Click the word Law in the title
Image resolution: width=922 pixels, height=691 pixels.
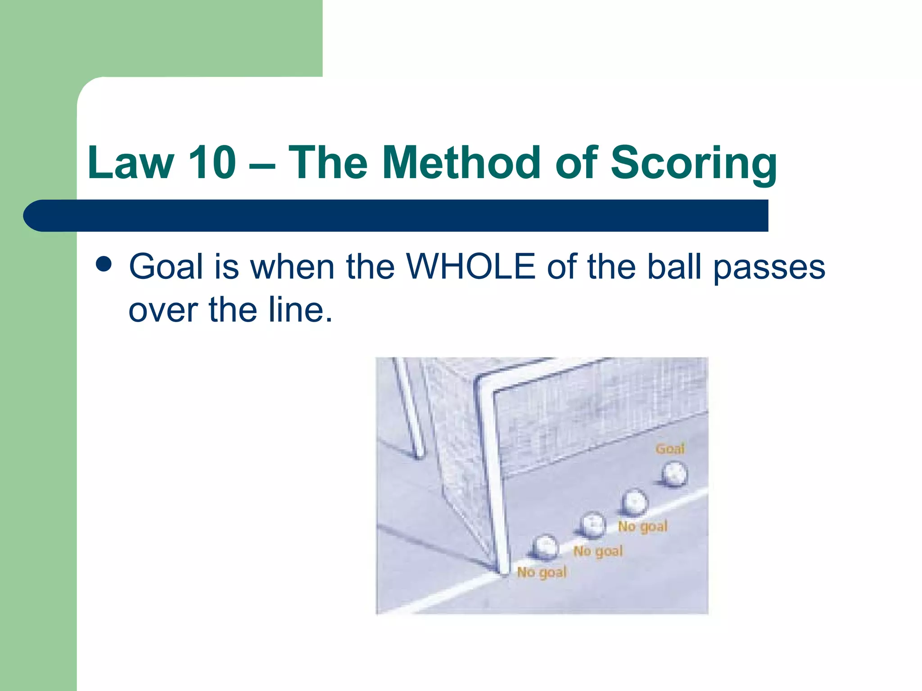coord(131,163)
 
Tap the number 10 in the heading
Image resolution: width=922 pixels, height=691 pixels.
coord(212,163)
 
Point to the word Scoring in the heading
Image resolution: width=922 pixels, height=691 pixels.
coord(693,163)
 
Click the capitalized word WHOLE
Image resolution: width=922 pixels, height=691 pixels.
coord(470,267)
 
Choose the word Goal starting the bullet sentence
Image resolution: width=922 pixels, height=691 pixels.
coord(166,267)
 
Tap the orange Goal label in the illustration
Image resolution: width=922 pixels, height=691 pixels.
coord(670,449)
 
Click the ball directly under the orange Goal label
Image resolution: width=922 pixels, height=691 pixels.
coord(674,474)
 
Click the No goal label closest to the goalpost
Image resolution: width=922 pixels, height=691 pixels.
coord(542,572)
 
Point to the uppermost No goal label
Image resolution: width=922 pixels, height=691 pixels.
coord(642,526)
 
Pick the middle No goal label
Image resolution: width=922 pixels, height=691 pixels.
coord(598,551)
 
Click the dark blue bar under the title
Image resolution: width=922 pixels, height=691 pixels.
coord(396,216)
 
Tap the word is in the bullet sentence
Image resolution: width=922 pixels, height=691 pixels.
coord(226,267)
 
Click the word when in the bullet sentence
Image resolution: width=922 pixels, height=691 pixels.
coord(292,267)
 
